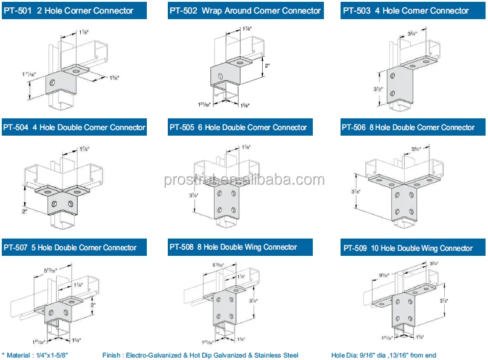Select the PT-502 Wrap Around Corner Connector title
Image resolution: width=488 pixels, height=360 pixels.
(x=246, y=10)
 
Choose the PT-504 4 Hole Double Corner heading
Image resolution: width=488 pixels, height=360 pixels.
(x=75, y=128)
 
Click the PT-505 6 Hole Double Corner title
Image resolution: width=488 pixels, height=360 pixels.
(x=238, y=128)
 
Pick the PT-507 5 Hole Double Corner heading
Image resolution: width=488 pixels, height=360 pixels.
(x=70, y=247)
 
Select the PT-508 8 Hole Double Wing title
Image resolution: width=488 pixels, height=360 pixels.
(x=233, y=247)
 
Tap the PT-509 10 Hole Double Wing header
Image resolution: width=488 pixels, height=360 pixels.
(x=407, y=248)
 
